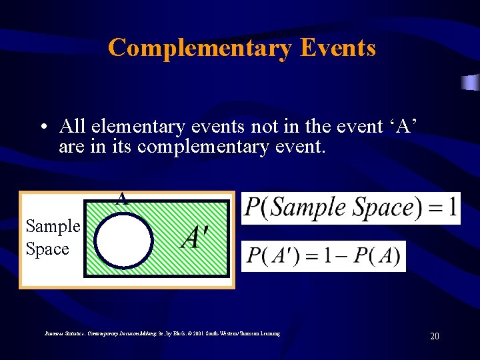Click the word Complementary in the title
point(199,48)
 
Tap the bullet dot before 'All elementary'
point(42,127)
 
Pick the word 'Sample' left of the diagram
point(53,227)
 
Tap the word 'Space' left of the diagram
point(47,249)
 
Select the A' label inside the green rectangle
point(195,237)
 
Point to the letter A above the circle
point(121,198)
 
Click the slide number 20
point(434,337)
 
